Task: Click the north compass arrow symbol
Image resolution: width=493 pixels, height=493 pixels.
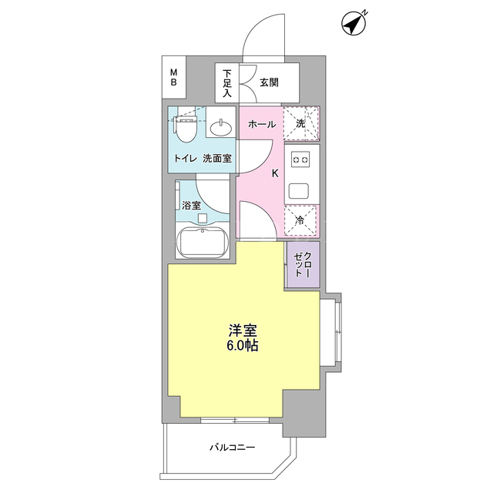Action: pyautogui.click(x=353, y=24)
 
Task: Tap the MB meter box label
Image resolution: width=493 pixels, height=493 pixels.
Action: pyautogui.click(x=173, y=77)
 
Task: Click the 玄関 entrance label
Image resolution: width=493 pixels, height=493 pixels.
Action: pyautogui.click(x=269, y=82)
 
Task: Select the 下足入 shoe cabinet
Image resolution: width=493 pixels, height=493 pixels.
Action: pyautogui.click(x=227, y=82)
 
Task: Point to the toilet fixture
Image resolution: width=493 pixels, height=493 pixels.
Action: pyautogui.click(x=186, y=130)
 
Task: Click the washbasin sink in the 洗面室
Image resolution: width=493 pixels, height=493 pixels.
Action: pyautogui.click(x=221, y=127)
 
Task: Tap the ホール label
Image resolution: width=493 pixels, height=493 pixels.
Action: pyautogui.click(x=262, y=124)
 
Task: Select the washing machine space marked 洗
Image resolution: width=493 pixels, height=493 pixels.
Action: pyautogui.click(x=301, y=123)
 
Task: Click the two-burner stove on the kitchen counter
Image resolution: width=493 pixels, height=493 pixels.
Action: pyautogui.click(x=300, y=159)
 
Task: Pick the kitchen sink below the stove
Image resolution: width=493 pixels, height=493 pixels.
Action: pyautogui.click(x=299, y=190)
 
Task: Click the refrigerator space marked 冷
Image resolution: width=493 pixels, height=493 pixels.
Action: pyautogui.click(x=300, y=220)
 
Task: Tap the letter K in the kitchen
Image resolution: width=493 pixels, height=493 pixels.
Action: pyautogui.click(x=275, y=173)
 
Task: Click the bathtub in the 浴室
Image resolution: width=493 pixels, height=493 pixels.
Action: pyautogui.click(x=202, y=243)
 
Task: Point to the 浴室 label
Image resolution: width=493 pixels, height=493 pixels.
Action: pyautogui.click(x=191, y=206)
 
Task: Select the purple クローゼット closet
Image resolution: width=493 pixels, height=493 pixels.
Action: pyautogui.click(x=303, y=264)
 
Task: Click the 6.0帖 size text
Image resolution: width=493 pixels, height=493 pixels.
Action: pyautogui.click(x=243, y=346)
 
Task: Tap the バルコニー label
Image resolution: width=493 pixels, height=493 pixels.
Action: pyautogui.click(x=233, y=447)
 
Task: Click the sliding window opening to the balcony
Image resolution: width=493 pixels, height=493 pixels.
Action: pyautogui.click(x=235, y=420)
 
